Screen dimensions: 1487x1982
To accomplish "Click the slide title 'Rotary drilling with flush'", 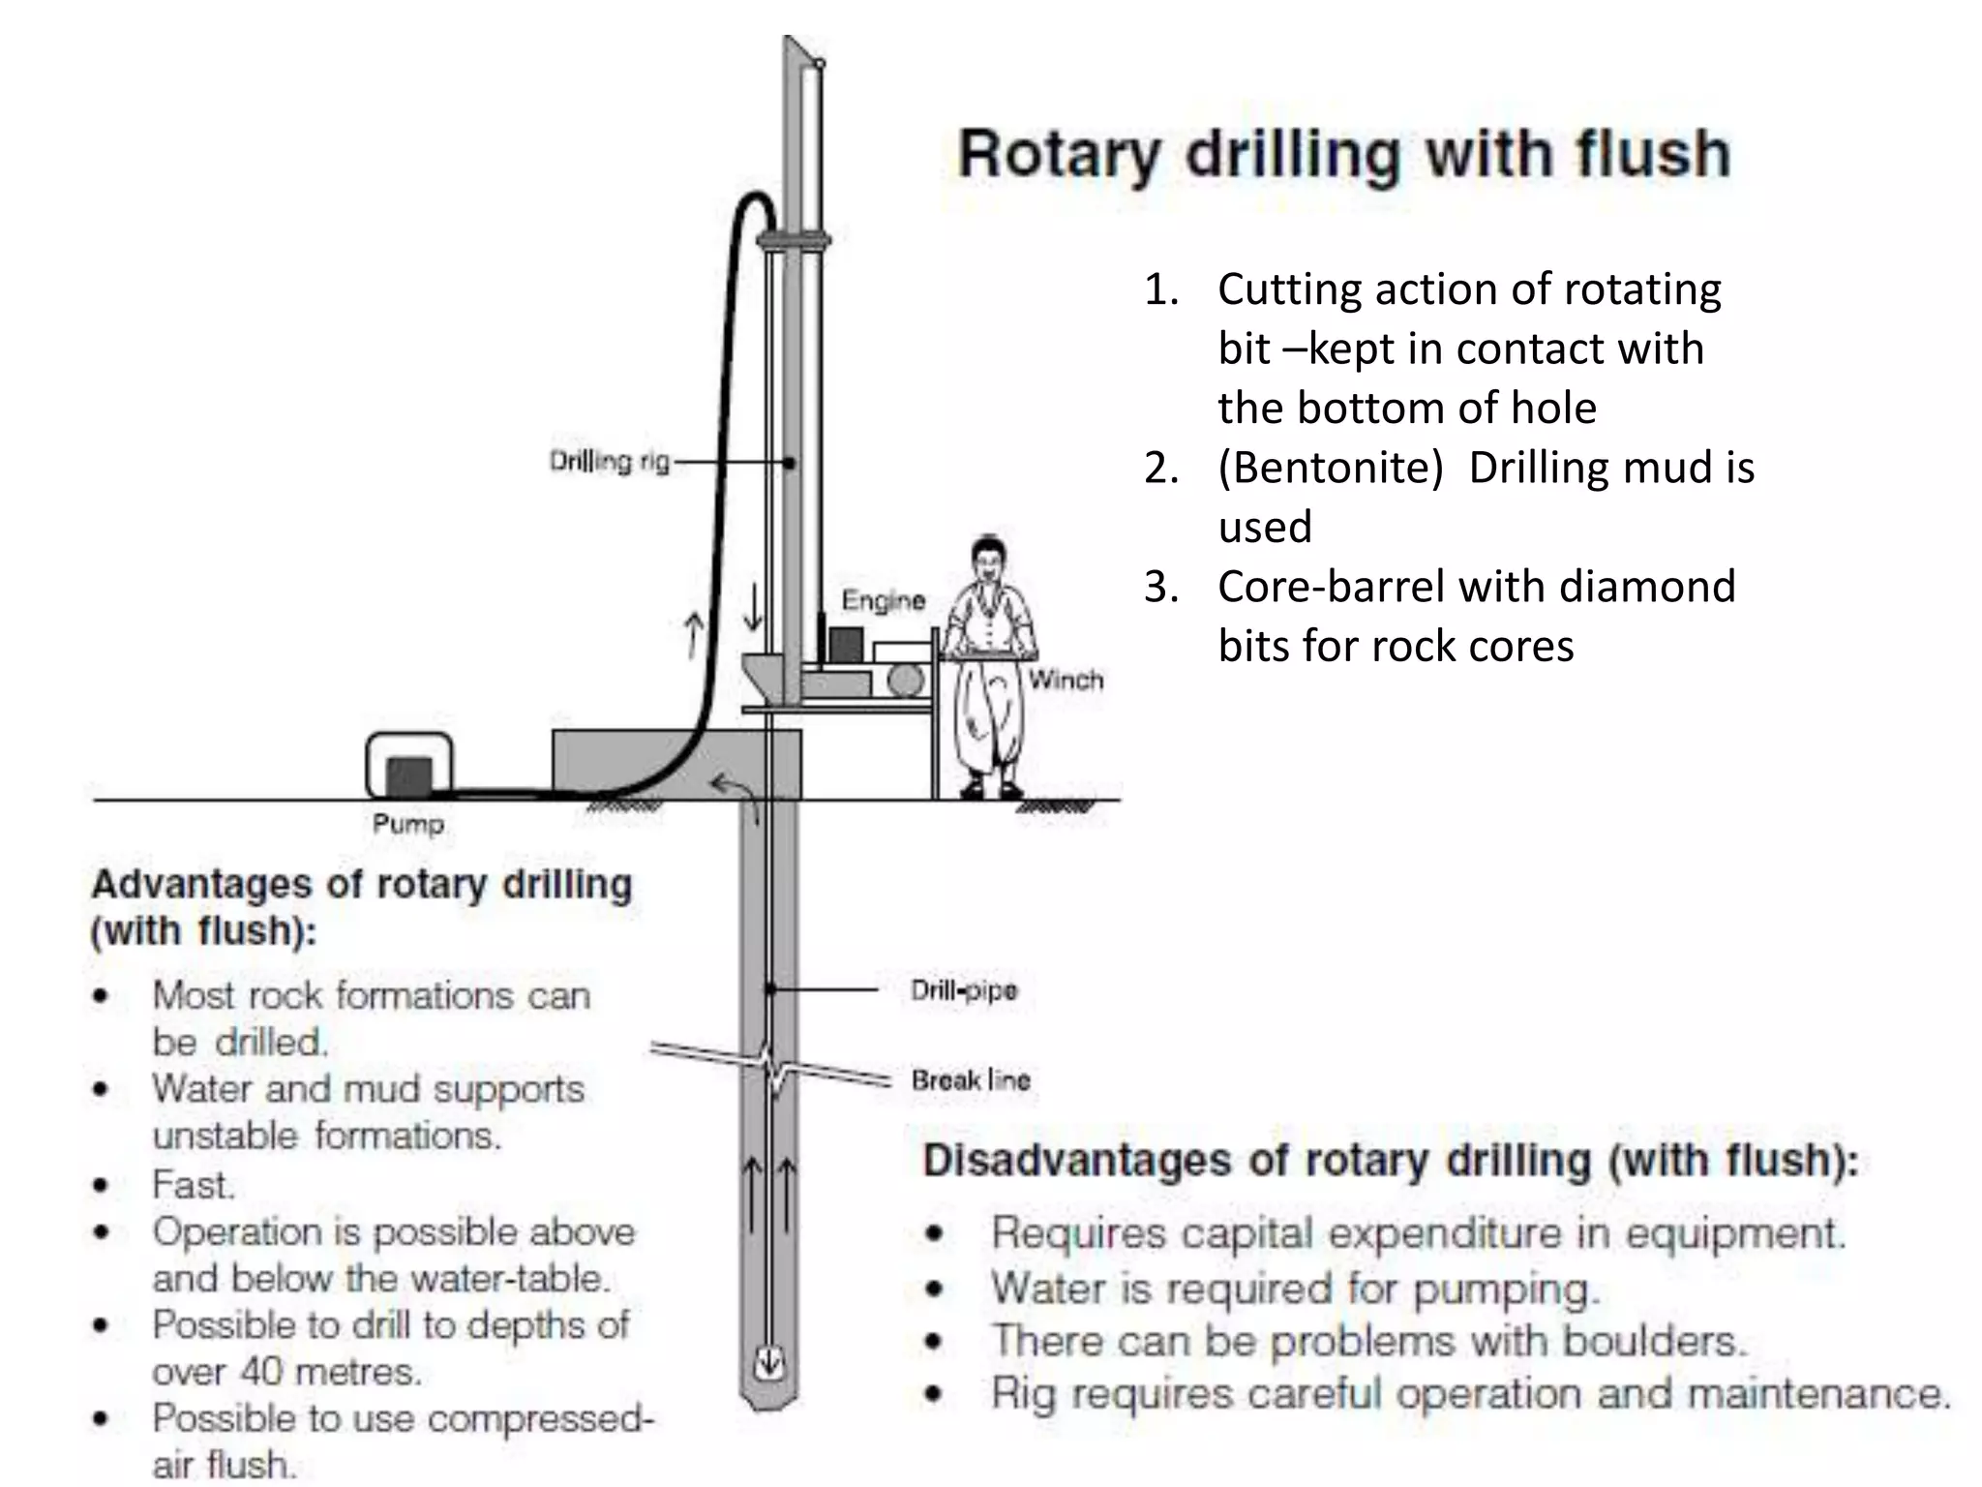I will click(x=1343, y=155).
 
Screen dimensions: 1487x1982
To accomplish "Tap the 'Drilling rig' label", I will click(x=609, y=461).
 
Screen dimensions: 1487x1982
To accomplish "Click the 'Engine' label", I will click(x=883, y=601).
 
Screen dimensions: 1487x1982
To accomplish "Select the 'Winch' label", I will click(x=1066, y=681).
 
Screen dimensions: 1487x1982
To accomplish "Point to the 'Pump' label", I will click(x=407, y=825).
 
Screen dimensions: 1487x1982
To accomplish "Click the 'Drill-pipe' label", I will click(x=964, y=990).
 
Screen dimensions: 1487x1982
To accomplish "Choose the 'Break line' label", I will click(x=971, y=1080).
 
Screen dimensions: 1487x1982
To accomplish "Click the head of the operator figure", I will click(x=989, y=561).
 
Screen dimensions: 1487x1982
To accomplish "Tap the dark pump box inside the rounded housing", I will click(x=409, y=776).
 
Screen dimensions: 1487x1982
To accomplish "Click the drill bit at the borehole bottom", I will click(x=769, y=1363).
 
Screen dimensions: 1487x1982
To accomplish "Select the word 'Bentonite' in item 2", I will click(x=1331, y=469).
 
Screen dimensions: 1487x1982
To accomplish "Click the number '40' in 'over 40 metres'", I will click(x=261, y=1372).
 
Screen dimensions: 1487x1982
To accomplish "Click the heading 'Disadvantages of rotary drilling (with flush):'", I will click(x=1391, y=1161).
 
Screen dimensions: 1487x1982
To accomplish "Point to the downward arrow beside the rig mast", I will click(x=753, y=607).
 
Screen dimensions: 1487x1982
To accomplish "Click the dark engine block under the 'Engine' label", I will click(x=846, y=645).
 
